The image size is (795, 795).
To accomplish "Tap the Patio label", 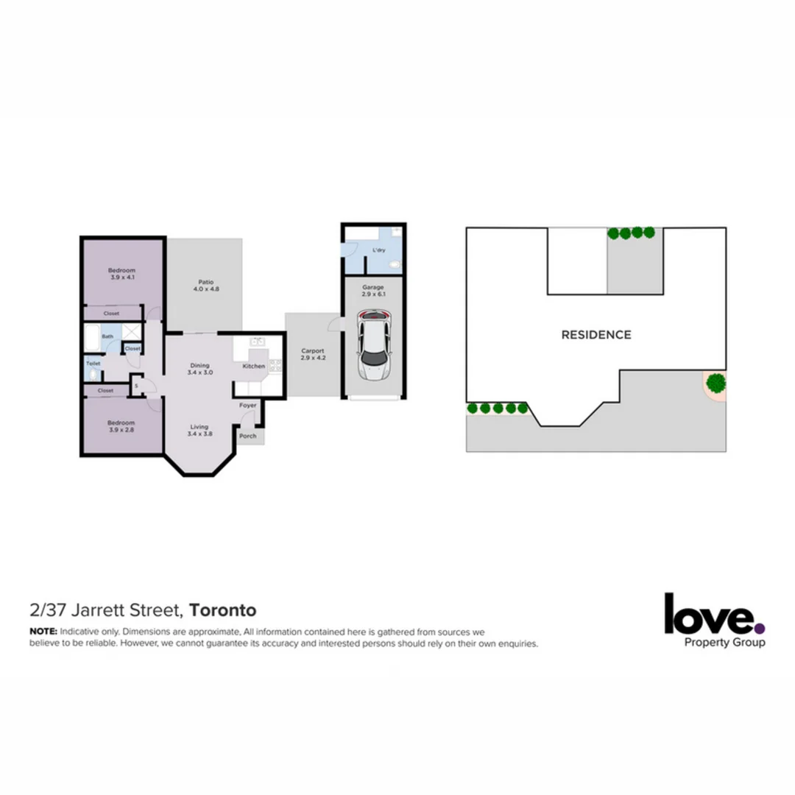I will click(x=205, y=284).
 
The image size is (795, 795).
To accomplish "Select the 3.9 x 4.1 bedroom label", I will click(x=122, y=274).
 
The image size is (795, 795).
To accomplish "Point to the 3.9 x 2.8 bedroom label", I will click(x=121, y=426).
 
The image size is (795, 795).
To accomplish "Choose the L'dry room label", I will click(x=379, y=250).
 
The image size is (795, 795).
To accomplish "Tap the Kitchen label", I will click(x=254, y=366).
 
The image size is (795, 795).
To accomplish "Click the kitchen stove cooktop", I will click(x=275, y=364).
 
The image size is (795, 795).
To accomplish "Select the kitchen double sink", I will click(x=258, y=342).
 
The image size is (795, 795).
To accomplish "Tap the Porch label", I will click(x=248, y=436).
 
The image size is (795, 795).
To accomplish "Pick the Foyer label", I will click(x=248, y=405).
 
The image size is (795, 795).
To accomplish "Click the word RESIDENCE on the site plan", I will click(x=596, y=335).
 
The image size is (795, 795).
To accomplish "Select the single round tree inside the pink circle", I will click(x=715, y=383).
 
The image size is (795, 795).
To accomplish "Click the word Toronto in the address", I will click(x=223, y=610).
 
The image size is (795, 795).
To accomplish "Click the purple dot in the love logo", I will click(x=760, y=629).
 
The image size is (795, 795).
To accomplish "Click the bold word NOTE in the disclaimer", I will click(x=43, y=632).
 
